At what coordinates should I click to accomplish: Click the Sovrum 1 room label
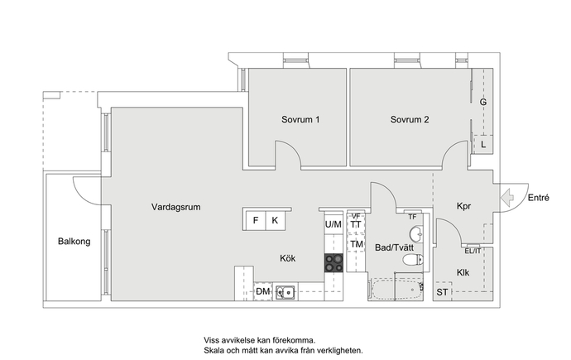[x=300, y=119]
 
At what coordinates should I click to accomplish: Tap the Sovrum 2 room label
[x=410, y=119]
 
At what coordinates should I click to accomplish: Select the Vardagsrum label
[x=176, y=207]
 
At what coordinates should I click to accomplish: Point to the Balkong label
[x=74, y=242]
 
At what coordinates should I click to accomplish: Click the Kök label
[x=288, y=258]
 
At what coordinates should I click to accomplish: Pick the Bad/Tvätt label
[x=395, y=247]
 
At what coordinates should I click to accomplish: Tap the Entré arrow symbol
[x=507, y=198]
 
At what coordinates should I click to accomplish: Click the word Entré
[x=539, y=198]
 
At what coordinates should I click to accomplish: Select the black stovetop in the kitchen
[x=334, y=263]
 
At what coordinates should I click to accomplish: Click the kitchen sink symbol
[x=285, y=292]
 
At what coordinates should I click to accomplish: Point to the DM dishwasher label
[x=263, y=291]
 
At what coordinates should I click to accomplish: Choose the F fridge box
[x=255, y=220]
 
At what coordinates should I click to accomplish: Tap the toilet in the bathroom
[x=413, y=260]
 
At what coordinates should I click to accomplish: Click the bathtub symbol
[x=396, y=290]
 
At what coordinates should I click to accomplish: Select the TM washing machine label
[x=357, y=244]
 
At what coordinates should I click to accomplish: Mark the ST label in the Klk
[x=442, y=292]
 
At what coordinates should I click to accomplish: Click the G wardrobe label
[x=483, y=103]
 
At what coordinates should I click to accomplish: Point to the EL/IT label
[x=473, y=251]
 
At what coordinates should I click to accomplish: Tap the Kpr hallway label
[x=464, y=206]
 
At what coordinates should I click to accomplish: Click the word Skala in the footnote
[x=214, y=351]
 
